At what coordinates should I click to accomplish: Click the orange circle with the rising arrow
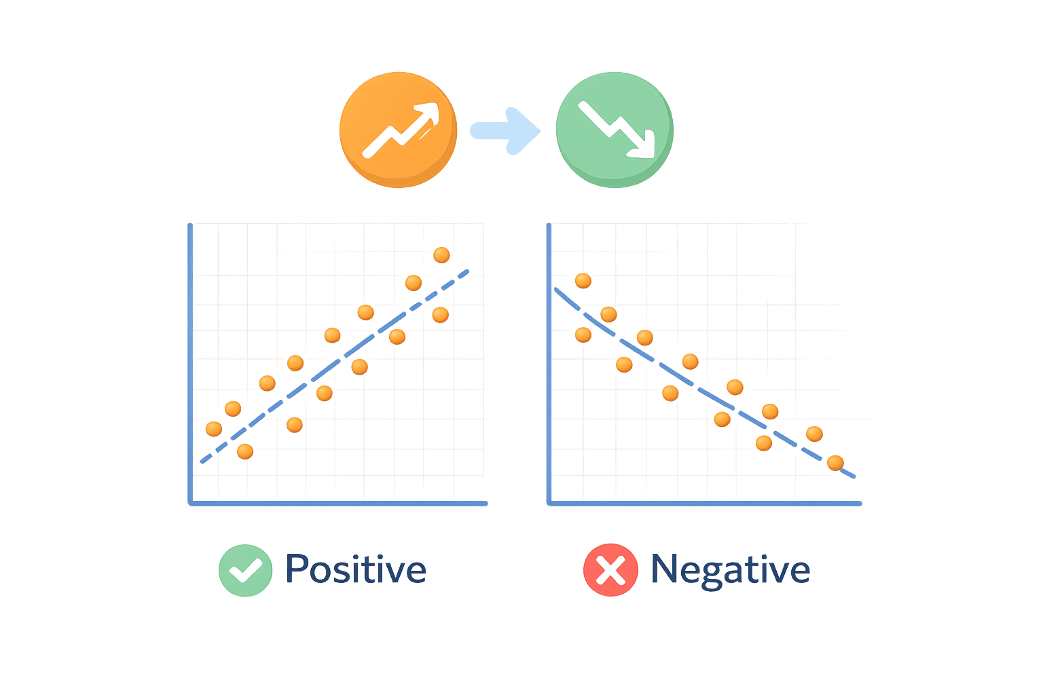click(398, 129)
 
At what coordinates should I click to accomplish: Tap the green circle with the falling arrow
click(614, 129)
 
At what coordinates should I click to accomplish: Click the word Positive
click(356, 569)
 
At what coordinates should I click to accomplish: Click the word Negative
click(730, 569)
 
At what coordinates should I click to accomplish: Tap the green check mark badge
click(245, 570)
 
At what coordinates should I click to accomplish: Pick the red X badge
click(610, 570)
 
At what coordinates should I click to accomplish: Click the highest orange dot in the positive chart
click(441, 255)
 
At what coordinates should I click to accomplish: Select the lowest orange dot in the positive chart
click(245, 451)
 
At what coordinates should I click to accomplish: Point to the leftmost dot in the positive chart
click(214, 428)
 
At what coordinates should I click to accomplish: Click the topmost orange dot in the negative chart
click(583, 280)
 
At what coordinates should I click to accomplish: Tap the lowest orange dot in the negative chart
click(835, 463)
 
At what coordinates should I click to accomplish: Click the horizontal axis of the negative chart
click(706, 504)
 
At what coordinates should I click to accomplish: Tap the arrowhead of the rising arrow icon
click(428, 112)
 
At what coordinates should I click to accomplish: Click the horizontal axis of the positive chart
click(340, 504)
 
